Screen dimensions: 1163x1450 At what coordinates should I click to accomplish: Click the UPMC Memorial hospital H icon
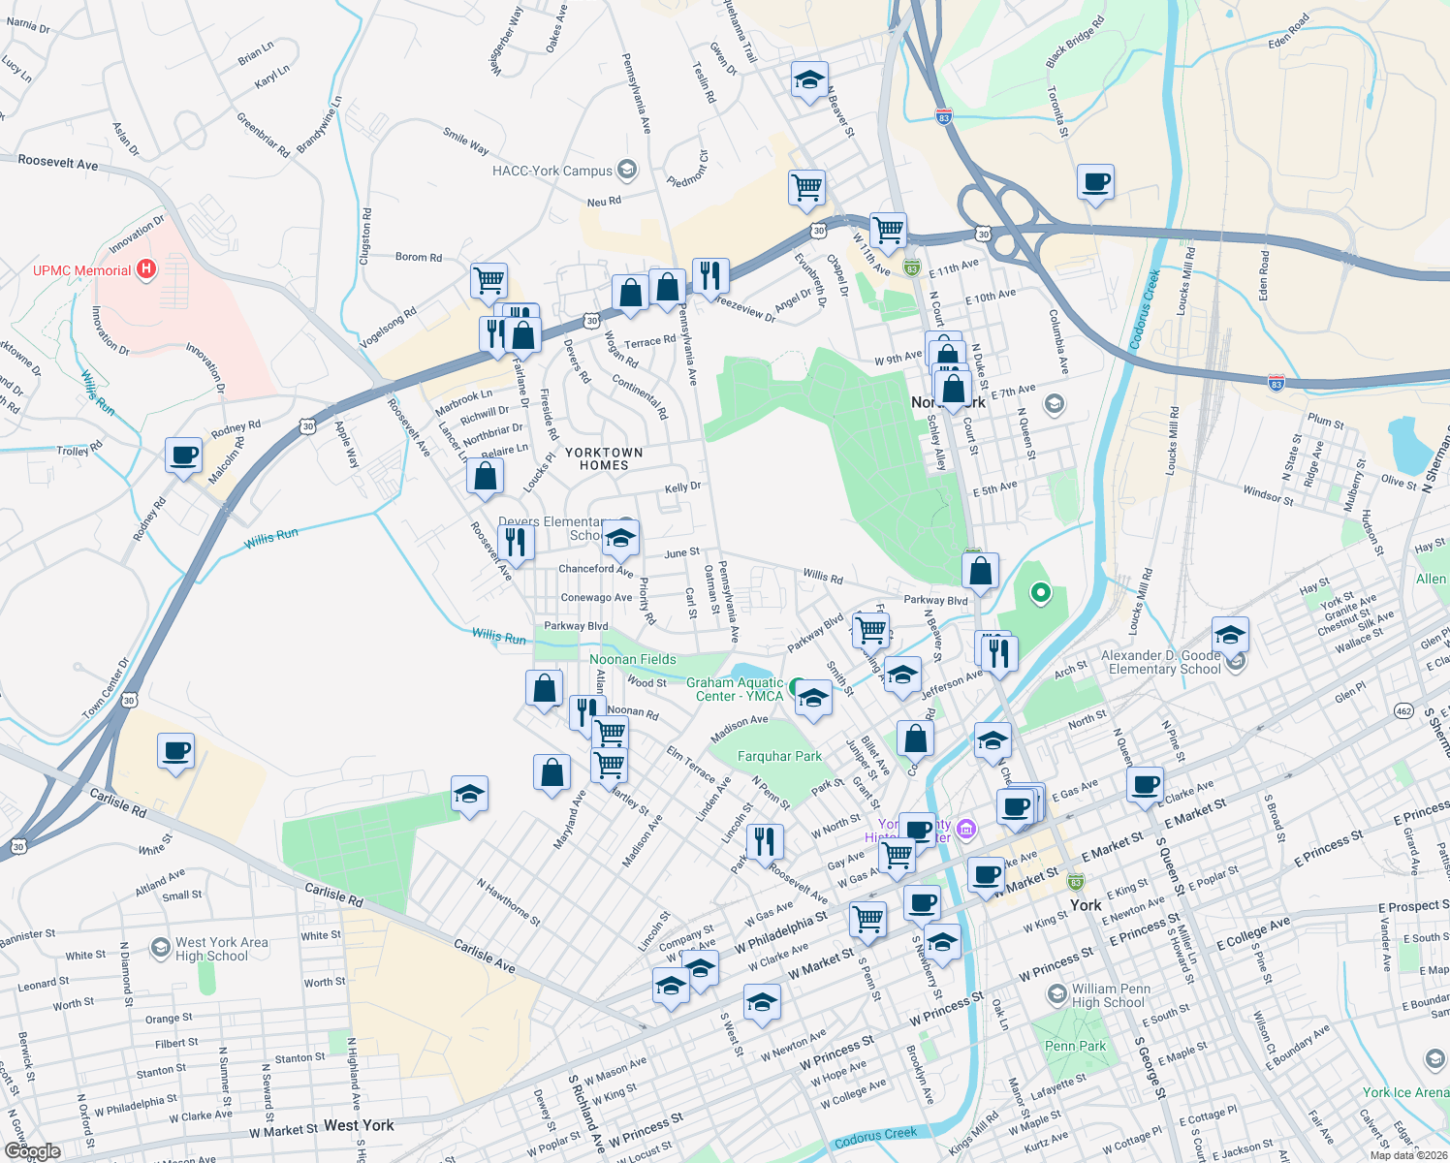(145, 269)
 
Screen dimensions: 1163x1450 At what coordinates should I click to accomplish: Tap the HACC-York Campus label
(552, 172)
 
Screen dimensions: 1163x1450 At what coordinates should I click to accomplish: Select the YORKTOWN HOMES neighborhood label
(604, 458)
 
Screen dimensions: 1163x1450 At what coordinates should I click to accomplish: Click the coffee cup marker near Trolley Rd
(183, 456)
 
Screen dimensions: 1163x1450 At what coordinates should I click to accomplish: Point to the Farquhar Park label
(779, 756)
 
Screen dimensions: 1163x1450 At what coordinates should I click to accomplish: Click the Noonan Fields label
(633, 659)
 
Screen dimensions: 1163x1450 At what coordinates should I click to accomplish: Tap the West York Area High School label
(221, 949)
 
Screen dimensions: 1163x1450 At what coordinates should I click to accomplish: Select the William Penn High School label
(1111, 995)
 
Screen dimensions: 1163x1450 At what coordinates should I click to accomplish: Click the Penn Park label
(1075, 1046)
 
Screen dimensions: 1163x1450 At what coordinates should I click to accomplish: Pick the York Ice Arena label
(1405, 1092)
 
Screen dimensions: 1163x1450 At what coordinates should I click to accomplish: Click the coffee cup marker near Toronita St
(1095, 182)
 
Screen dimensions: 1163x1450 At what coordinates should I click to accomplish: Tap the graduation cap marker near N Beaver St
(808, 80)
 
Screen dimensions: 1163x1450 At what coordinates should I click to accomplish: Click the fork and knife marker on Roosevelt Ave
(515, 542)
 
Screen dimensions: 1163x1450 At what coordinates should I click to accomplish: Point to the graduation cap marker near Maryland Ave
(469, 795)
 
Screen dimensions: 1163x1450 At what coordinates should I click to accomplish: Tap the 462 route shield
(1403, 711)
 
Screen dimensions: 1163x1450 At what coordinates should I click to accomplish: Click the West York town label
(359, 1125)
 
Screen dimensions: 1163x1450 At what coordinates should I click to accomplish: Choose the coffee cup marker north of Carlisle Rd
(175, 751)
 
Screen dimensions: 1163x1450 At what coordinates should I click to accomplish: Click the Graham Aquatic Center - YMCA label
(735, 689)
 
